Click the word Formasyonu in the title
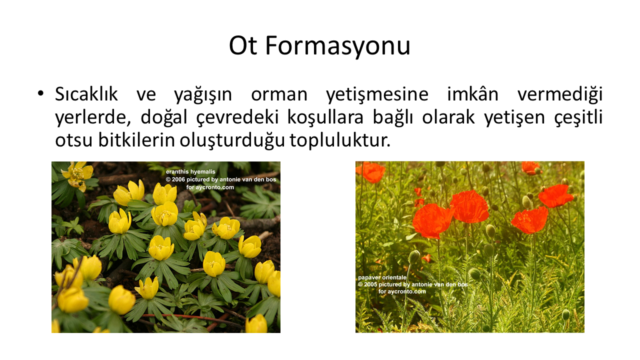(338, 45)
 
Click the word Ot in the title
(242, 45)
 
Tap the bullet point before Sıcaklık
(40, 93)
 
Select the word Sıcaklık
(86, 94)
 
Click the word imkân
(473, 93)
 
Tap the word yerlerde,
(93, 117)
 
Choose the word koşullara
(325, 117)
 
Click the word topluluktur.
(340, 140)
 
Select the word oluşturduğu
(232, 140)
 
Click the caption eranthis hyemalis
(190, 171)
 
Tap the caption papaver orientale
(382, 277)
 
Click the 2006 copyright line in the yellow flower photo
(221, 179)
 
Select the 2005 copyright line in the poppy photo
(413, 284)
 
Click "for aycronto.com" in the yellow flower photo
(210, 187)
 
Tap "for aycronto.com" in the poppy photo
(402, 291)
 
